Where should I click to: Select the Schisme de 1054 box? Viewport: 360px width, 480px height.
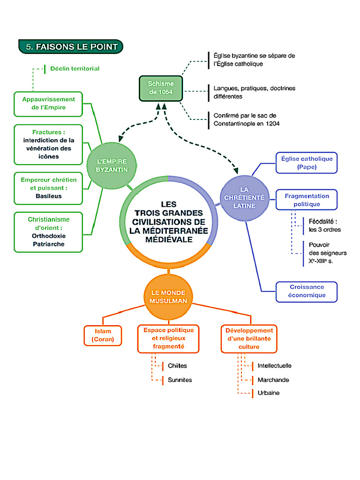[161, 88]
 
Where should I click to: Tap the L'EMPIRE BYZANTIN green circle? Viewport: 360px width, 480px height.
[112, 165]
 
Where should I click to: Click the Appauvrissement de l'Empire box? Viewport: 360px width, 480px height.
[48, 104]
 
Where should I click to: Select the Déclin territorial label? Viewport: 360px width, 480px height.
[75, 68]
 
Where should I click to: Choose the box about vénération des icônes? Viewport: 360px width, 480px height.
[48, 144]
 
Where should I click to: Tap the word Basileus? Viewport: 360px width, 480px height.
[48, 196]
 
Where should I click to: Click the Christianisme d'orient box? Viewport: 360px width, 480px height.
[48, 232]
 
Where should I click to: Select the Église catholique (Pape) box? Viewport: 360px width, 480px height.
[307, 163]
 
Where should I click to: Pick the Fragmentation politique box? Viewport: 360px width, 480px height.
[307, 200]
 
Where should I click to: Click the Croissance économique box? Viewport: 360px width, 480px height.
[307, 291]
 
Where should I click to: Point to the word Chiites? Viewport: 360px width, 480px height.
[177, 366]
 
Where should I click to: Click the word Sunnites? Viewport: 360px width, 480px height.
[180, 380]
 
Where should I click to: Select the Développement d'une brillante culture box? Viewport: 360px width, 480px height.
[249, 338]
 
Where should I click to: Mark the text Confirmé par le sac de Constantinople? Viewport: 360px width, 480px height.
[245, 120]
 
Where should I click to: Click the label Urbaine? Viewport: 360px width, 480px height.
[268, 393]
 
